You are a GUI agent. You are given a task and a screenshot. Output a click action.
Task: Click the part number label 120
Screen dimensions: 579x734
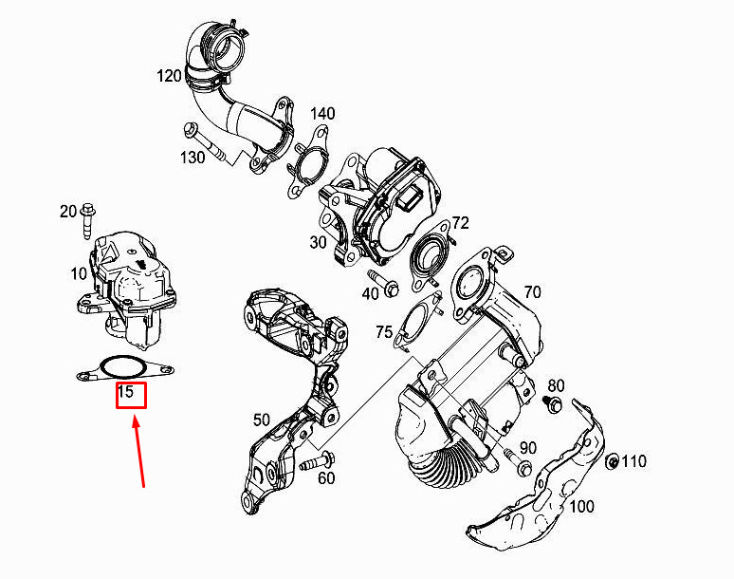pos(169,77)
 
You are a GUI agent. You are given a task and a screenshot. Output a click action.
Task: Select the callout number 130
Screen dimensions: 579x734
pos(192,158)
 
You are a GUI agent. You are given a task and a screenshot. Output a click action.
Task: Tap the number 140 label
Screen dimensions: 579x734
pos(321,114)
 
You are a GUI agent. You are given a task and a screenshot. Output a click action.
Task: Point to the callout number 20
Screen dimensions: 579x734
pos(67,212)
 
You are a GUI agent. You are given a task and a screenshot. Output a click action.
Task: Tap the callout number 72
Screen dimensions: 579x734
pos(460,224)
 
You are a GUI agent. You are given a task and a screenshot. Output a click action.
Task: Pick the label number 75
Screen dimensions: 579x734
pos(383,331)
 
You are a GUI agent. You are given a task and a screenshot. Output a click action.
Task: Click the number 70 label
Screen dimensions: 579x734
pos(532,292)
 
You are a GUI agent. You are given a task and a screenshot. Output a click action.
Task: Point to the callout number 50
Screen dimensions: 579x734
pos(262,420)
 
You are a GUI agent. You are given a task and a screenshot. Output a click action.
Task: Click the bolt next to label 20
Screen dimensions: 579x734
pos(88,220)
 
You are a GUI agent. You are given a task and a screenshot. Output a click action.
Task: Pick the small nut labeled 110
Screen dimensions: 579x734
pos(613,461)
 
